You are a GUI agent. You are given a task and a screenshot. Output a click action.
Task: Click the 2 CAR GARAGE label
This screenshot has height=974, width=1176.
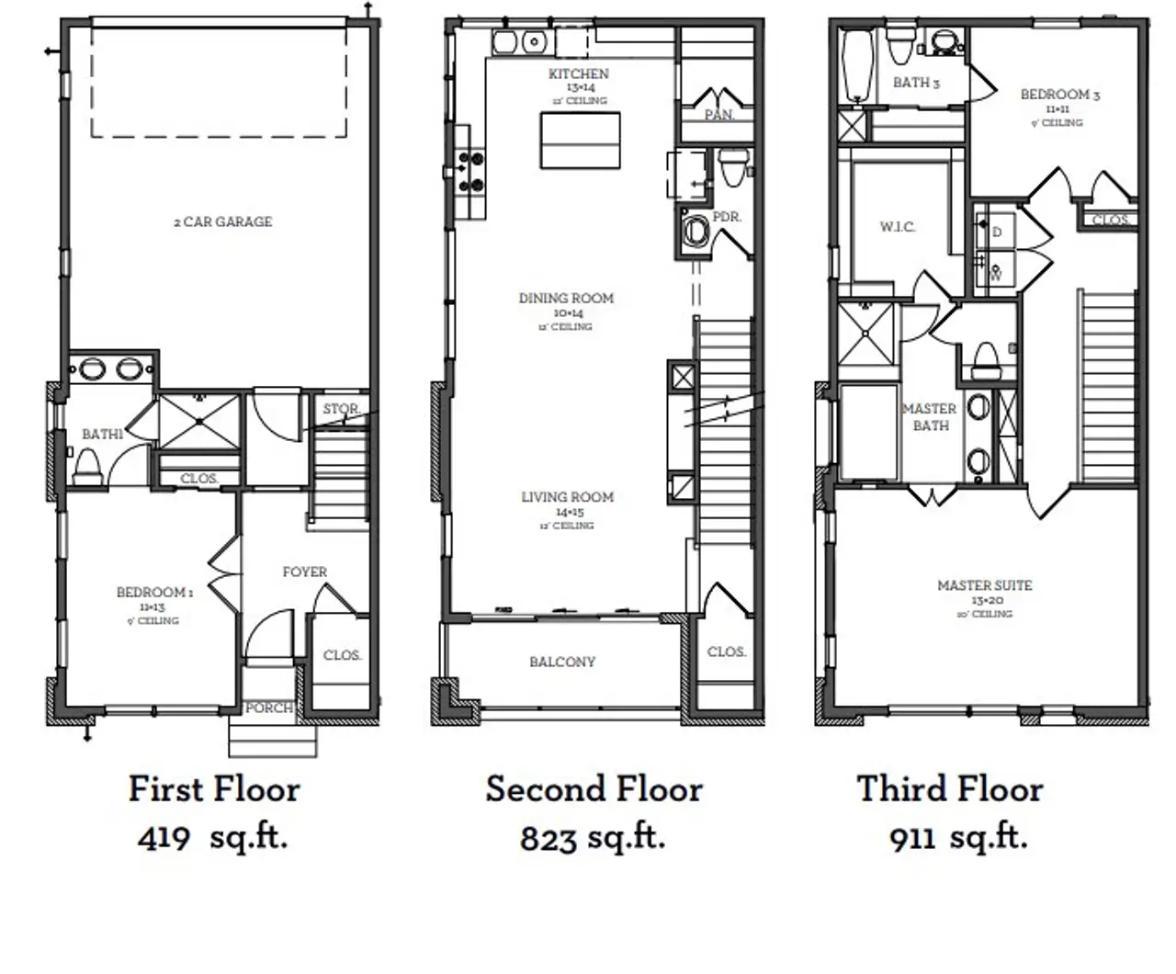(x=223, y=221)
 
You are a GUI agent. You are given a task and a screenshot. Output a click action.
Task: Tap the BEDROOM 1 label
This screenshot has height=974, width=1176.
(x=154, y=593)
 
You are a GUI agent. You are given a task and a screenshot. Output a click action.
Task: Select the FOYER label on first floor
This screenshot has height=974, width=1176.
(x=304, y=572)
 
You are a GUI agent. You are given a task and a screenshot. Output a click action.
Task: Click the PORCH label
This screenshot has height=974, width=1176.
(x=269, y=708)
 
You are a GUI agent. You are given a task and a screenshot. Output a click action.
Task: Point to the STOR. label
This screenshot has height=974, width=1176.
(x=341, y=409)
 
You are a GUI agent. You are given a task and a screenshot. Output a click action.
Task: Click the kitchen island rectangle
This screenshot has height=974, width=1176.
(x=579, y=140)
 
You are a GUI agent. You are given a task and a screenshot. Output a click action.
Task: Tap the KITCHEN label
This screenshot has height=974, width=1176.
(x=579, y=74)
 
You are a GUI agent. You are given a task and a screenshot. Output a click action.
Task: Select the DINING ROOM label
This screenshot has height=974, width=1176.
(x=566, y=298)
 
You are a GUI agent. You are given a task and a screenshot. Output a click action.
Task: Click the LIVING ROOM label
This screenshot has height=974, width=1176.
(x=567, y=497)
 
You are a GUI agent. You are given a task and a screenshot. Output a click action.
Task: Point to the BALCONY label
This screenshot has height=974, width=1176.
(x=562, y=662)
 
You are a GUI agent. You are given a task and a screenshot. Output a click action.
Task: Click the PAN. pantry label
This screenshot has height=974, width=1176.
(x=719, y=115)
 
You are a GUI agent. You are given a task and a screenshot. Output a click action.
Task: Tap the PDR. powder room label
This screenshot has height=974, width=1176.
(x=727, y=217)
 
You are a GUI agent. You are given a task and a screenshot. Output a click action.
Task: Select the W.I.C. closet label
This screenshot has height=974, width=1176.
(x=898, y=227)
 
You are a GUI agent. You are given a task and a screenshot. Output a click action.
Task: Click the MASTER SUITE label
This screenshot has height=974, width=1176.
(x=984, y=585)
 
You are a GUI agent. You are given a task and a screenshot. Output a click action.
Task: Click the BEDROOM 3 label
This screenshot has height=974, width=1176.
(x=1059, y=94)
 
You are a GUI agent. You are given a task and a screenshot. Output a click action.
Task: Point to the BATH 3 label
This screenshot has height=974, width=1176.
(x=916, y=83)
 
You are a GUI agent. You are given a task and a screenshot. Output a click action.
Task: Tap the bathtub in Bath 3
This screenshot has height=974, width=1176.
(x=858, y=66)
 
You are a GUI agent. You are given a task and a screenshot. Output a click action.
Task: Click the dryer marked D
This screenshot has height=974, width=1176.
(x=997, y=232)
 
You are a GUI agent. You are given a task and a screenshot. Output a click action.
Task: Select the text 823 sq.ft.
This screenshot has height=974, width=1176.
(x=593, y=837)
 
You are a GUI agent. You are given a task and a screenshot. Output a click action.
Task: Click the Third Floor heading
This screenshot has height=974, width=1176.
(x=950, y=788)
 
